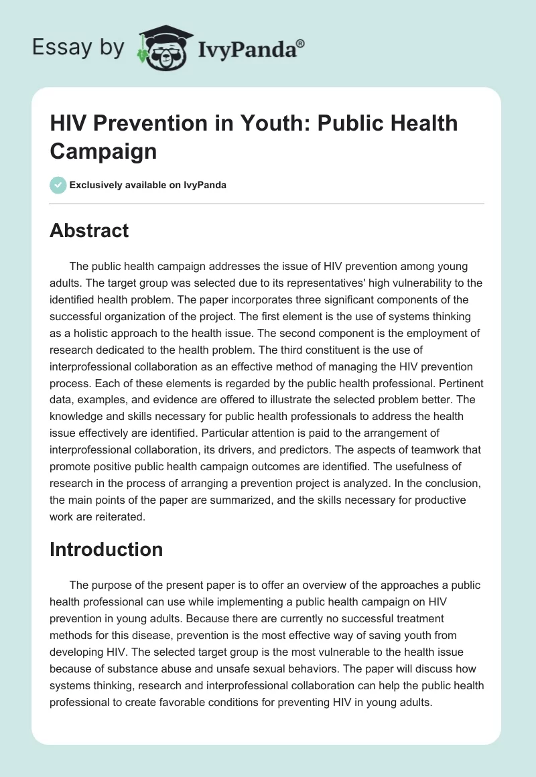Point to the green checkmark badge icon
pos(58,185)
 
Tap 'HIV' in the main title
pos(68,123)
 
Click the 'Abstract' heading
pos(89,230)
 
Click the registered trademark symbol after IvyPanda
pos(301,43)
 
